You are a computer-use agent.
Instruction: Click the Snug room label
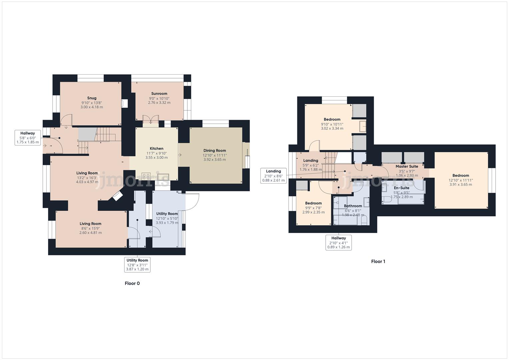[x=92, y=98]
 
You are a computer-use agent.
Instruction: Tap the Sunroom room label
[x=159, y=94]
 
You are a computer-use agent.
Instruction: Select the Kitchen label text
[x=156, y=149]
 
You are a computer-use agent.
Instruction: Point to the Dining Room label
[x=215, y=151]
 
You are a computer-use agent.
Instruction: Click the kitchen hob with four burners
[x=146, y=176]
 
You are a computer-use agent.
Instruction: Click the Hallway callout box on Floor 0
[x=28, y=138]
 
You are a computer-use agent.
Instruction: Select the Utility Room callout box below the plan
[x=137, y=265]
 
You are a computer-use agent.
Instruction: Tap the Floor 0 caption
[x=132, y=283]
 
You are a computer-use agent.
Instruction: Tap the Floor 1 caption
[x=378, y=261]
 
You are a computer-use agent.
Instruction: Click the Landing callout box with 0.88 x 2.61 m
[x=273, y=176]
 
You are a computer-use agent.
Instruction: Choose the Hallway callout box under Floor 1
[x=338, y=243]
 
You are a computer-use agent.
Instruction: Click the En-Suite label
[x=401, y=188]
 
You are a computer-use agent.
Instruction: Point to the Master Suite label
[x=407, y=166]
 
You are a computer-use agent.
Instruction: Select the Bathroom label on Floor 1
[x=353, y=206]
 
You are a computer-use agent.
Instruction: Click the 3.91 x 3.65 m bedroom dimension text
[x=461, y=184]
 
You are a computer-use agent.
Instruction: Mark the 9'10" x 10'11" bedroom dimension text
[x=332, y=124]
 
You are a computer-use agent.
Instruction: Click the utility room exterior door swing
[x=191, y=202]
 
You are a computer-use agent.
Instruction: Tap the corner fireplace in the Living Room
[x=117, y=196]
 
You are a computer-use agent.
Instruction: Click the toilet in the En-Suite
[x=387, y=199]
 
